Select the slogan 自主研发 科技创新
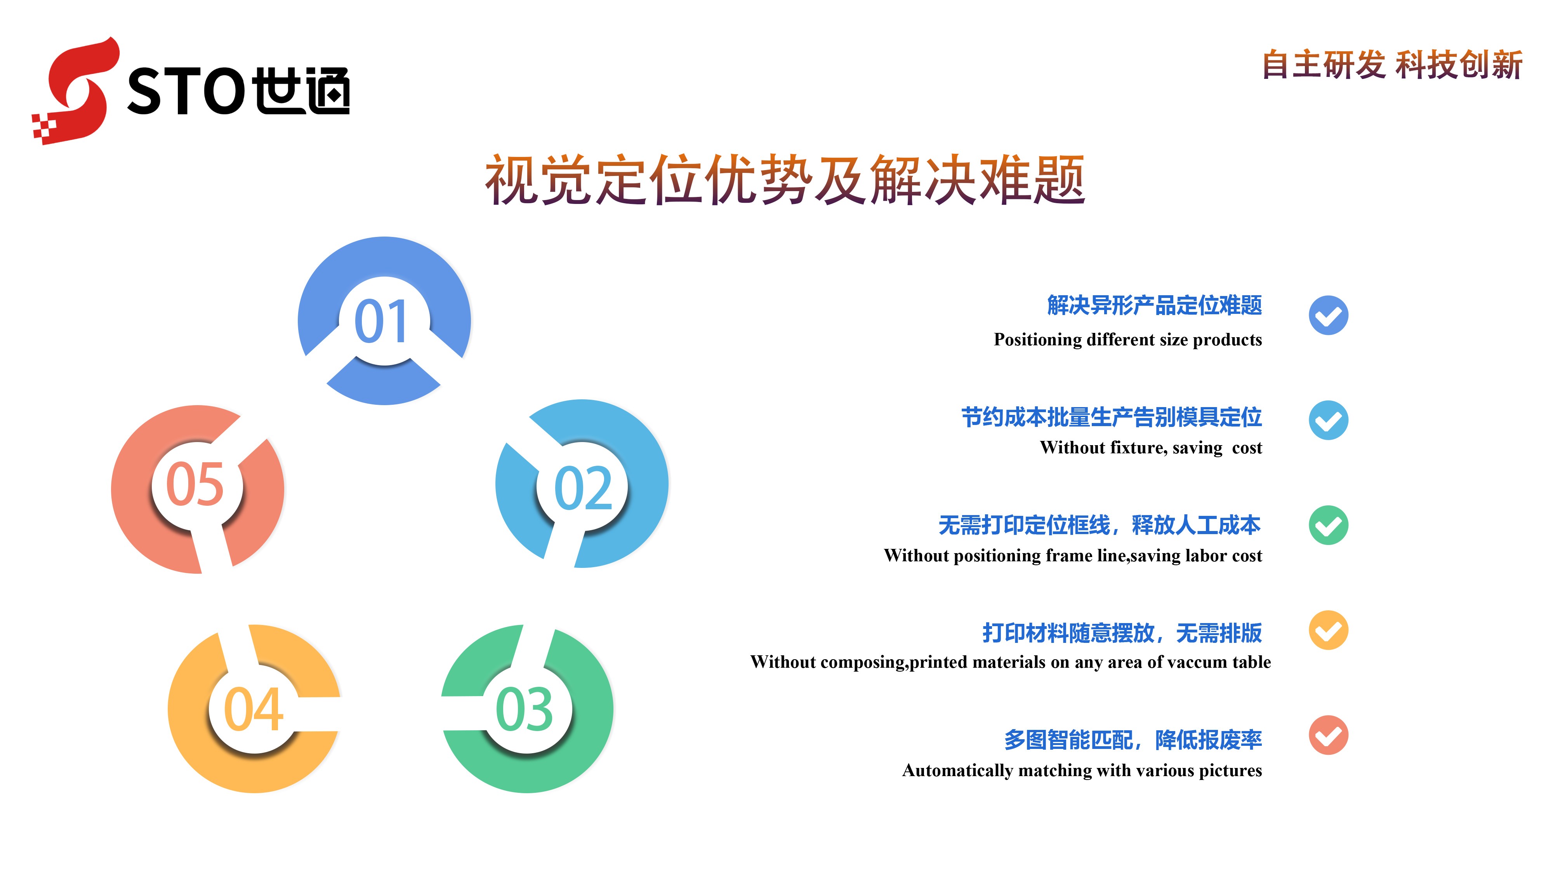point(1393,64)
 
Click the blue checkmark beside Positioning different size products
point(1328,315)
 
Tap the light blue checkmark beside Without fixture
point(1328,420)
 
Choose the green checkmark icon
point(1328,525)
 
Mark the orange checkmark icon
point(1328,630)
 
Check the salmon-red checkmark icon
point(1328,735)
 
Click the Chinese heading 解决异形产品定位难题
point(1155,305)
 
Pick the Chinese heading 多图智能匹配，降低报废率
point(1133,740)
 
